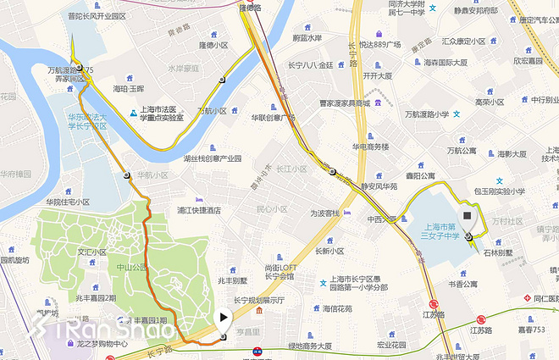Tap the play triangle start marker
coord(223,318)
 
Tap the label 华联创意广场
coord(273,118)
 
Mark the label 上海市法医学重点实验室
coord(169,114)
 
